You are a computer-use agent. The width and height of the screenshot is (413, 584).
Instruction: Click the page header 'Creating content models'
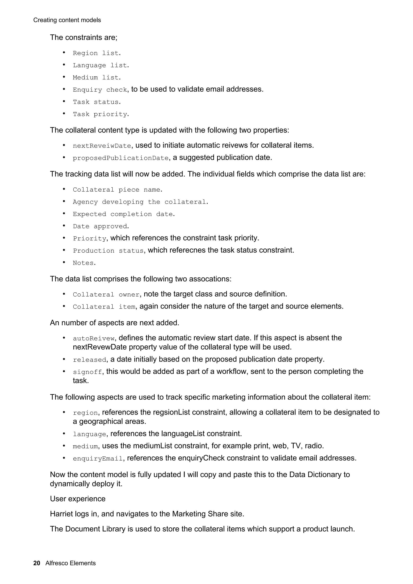(x=67, y=20)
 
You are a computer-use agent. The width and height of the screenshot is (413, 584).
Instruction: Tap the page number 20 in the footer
(x=37, y=570)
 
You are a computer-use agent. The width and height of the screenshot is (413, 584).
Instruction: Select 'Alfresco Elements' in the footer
(x=71, y=570)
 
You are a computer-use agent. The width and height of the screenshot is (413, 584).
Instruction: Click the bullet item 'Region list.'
(x=97, y=53)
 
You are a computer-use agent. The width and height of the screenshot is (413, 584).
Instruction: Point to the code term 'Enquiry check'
(x=100, y=90)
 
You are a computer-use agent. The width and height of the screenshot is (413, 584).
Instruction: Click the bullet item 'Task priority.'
(x=101, y=114)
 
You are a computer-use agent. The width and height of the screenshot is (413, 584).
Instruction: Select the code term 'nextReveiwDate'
(x=102, y=146)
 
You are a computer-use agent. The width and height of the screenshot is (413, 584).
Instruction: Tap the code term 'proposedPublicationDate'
(x=121, y=158)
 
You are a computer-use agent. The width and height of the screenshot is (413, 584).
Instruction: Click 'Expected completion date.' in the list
(x=124, y=214)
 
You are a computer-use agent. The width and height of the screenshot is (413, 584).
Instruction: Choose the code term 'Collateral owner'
(x=106, y=295)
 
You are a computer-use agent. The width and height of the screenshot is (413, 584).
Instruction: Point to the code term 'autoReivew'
(x=94, y=339)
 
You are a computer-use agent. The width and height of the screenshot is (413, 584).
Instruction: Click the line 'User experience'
(x=78, y=499)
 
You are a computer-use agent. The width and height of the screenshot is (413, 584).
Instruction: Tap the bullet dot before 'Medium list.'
(x=64, y=77)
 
